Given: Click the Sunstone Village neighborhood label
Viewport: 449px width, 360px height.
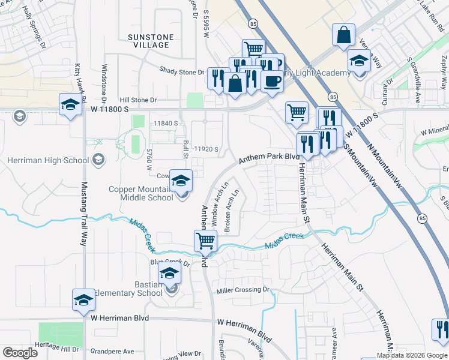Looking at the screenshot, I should tap(151, 41).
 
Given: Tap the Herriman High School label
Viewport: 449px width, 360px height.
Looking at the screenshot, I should tap(48, 160).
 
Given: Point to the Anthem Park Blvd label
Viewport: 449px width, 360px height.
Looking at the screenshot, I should tap(269, 157).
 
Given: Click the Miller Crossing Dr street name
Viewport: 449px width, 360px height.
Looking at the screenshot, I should tap(244, 290).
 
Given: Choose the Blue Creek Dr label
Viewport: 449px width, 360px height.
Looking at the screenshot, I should tap(170, 263).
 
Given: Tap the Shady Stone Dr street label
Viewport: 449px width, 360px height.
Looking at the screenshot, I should tap(182, 71).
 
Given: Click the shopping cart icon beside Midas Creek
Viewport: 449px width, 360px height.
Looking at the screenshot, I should tap(205, 241).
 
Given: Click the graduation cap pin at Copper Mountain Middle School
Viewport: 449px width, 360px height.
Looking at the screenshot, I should tap(181, 180).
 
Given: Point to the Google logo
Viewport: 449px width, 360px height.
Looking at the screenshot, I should tap(20, 353).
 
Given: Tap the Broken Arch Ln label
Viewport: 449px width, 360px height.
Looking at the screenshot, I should tap(232, 211).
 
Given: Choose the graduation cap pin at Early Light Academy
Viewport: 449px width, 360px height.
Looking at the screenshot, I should tap(358, 61).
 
